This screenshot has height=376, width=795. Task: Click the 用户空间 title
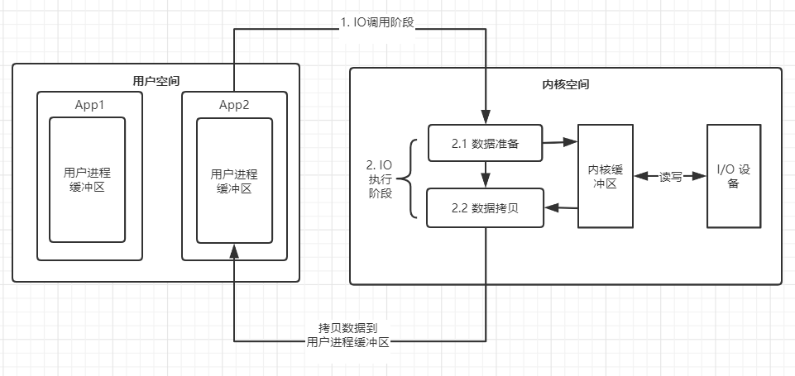pos(156,80)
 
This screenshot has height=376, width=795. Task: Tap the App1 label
pos(89,105)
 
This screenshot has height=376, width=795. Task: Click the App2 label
pos(234,105)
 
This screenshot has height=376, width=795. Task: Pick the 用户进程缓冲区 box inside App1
pos(87,179)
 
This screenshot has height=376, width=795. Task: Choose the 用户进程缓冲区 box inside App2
pos(234,180)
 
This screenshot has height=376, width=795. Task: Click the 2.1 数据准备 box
pos(485,144)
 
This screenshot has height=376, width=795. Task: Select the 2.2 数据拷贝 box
pos(485,208)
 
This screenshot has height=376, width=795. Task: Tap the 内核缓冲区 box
pos(605,176)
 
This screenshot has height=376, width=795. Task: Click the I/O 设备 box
pos(733,176)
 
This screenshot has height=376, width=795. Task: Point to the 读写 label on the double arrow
pos(670,177)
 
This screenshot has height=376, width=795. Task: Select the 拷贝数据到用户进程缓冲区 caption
pos(347,334)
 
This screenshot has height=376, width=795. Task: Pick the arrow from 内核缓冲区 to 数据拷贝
pos(560,209)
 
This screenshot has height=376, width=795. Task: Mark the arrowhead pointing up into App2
pos(234,250)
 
